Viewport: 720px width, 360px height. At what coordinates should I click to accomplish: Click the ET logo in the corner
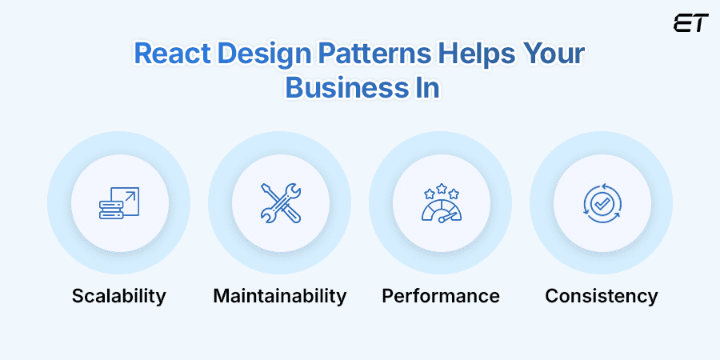(690, 22)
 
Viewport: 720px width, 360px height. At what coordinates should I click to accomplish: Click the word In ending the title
(422, 86)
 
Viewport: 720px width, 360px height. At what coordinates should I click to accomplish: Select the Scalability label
(118, 296)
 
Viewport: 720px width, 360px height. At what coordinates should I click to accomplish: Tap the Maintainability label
(280, 296)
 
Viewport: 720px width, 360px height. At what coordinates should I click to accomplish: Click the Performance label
(441, 296)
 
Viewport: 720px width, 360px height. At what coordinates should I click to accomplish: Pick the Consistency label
(602, 296)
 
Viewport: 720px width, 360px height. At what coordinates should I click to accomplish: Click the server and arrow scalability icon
(118, 202)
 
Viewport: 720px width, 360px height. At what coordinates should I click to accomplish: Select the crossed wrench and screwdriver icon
(280, 202)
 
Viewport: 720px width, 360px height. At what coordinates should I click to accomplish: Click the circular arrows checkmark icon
(602, 202)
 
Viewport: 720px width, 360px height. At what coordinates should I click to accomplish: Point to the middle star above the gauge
(441, 188)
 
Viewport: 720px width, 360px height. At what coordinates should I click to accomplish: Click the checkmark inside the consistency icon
(602, 203)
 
